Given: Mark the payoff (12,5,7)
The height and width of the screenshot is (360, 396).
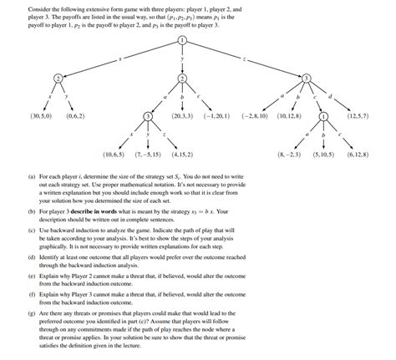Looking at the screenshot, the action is point(359,116).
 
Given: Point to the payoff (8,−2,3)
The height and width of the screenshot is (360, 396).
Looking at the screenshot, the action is point(289,155).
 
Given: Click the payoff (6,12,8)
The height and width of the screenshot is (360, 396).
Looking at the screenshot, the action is point(359,155).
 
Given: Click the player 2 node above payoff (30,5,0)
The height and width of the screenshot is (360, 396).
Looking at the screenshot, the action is point(57,78).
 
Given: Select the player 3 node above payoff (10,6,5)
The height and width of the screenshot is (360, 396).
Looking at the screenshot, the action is point(148,116).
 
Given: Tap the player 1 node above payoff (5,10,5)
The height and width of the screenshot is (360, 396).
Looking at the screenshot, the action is point(324,116).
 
